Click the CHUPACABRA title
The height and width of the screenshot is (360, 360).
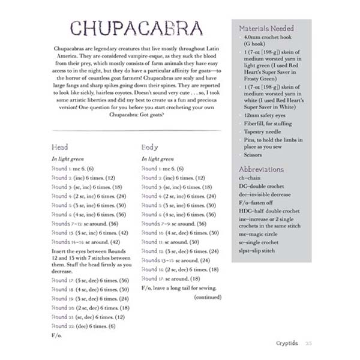136,28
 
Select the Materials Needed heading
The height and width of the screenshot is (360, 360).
266,28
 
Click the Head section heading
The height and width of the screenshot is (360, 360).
60,147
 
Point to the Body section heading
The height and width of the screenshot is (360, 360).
150,147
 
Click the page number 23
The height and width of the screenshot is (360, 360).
308,343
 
